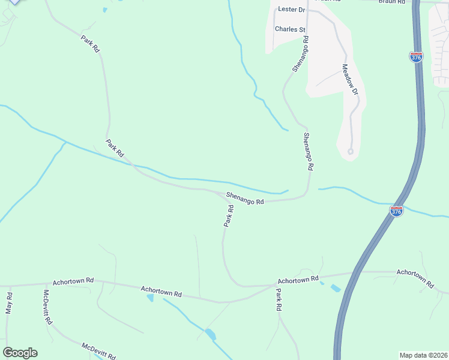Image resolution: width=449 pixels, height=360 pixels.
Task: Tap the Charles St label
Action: click(291, 29)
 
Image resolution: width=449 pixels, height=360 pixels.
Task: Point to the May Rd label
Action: click(9, 304)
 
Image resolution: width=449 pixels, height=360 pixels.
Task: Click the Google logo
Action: click(19, 353)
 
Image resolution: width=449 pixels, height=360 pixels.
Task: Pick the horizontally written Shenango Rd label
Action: click(245, 197)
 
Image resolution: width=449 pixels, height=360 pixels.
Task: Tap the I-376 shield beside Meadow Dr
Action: click(416, 57)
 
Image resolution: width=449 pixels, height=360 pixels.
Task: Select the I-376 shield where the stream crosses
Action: click(396, 211)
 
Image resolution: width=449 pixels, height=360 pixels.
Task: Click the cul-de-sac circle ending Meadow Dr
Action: click(351, 151)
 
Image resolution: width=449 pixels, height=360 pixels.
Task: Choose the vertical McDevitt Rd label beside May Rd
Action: click(46, 308)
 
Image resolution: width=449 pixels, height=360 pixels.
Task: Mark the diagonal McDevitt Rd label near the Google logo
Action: click(98, 350)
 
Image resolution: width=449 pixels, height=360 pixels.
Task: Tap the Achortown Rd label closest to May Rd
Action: click(73, 280)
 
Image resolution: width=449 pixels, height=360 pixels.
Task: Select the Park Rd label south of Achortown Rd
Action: click(279, 299)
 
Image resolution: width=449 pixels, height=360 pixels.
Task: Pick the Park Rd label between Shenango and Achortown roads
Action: click(229, 216)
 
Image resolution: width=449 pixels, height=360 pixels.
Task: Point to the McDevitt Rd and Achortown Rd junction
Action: click(42, 284)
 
